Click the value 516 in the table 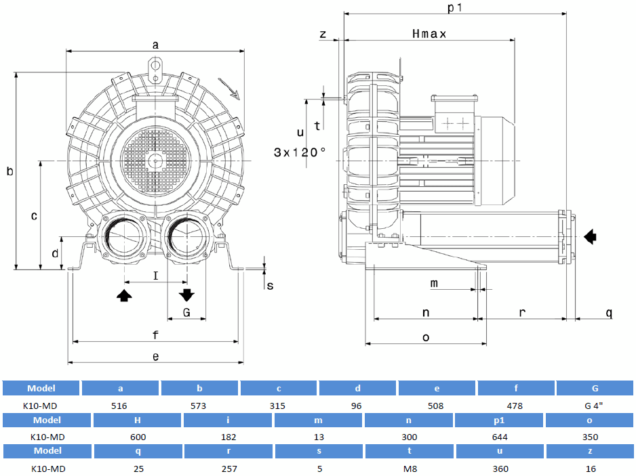[x=121, y=406]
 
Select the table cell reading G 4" [x=595, y=406]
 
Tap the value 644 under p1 [x=499, y=437]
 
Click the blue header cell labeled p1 [x=499, y=420]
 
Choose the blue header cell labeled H [x=138, y=420]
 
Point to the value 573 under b [x=199, y=406]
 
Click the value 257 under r [x=228, y=468]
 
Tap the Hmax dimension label [x=429, y=34]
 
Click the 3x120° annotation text [x=300, y=152]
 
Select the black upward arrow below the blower [x=124, y=295]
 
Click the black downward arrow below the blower [x=186, y=295]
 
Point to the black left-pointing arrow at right [x=591, y=236]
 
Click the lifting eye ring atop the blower [x=155, y=67]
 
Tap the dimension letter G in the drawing [x=186, y=312]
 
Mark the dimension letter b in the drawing [x=10, y=172]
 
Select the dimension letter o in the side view [x=426, y=337]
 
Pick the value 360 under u [x=499, y=468]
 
